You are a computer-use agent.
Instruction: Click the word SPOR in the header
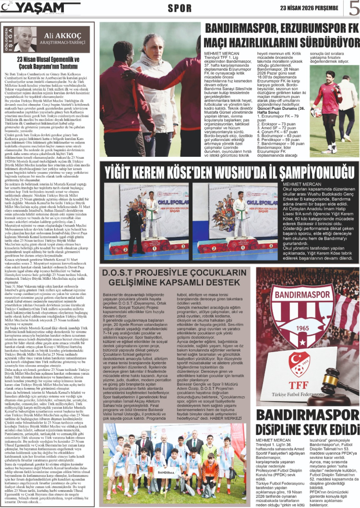[180, 9]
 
